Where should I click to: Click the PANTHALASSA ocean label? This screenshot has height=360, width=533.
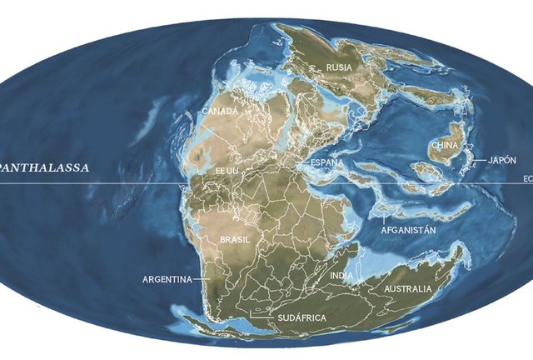pos(45,166)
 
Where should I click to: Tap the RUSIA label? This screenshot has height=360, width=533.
pos(339,67)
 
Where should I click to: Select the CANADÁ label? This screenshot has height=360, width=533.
pos(221,110)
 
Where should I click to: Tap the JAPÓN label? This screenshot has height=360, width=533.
pos(502,159)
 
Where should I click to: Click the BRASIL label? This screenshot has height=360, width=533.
pos(234,239)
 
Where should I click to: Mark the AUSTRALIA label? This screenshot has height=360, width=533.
pos(408,289)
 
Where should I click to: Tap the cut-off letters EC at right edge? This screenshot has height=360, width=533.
pos(527,177)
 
